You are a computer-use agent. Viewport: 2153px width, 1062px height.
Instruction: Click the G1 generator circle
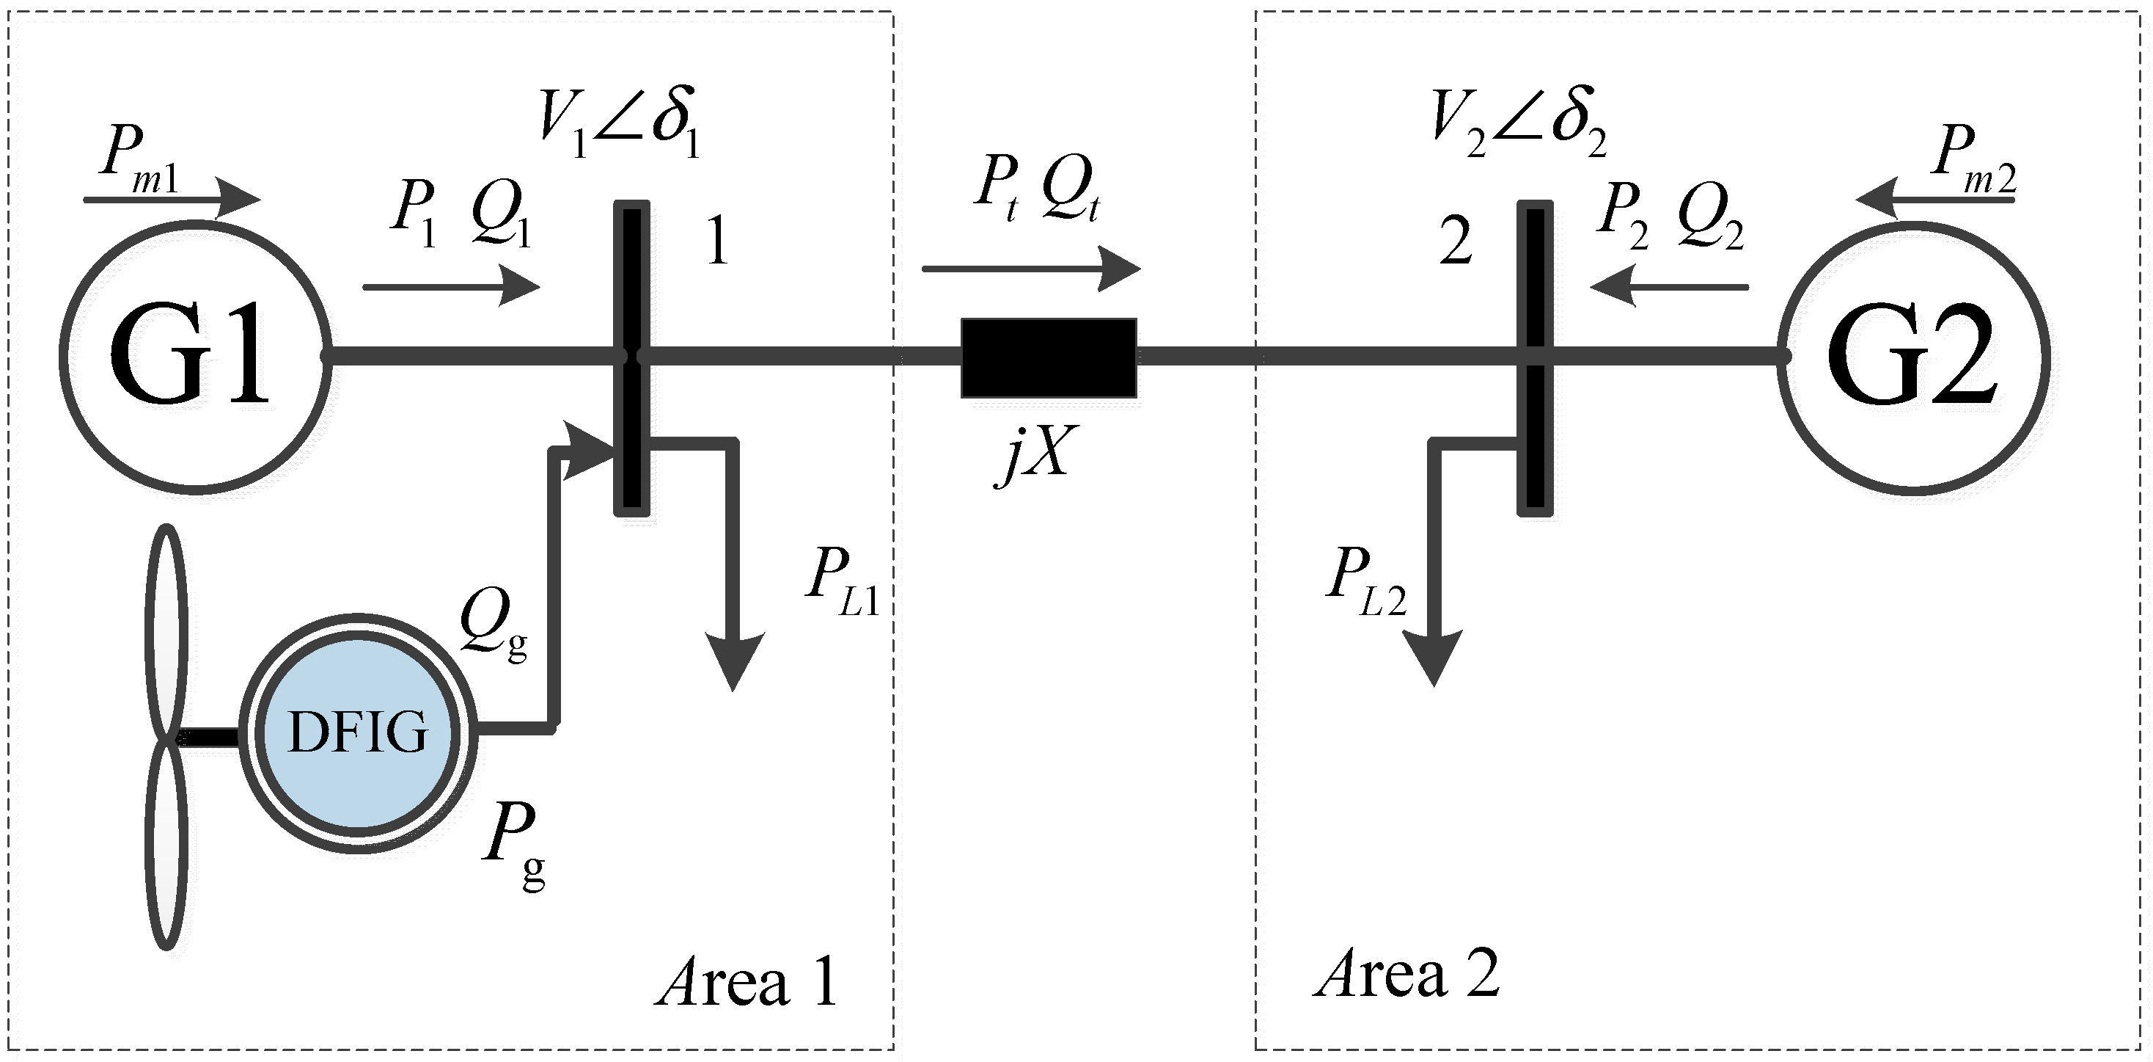pos(195,357)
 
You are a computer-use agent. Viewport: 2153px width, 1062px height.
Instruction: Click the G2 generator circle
pos(1913,357)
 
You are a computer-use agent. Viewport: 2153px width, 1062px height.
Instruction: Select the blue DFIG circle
pos(358,733)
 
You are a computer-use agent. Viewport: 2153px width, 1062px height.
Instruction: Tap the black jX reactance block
pos(1048,358)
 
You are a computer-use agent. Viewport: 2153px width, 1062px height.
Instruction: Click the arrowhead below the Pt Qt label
pos(1120,269)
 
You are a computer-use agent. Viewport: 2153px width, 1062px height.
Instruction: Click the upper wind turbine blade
pos(167,628)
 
